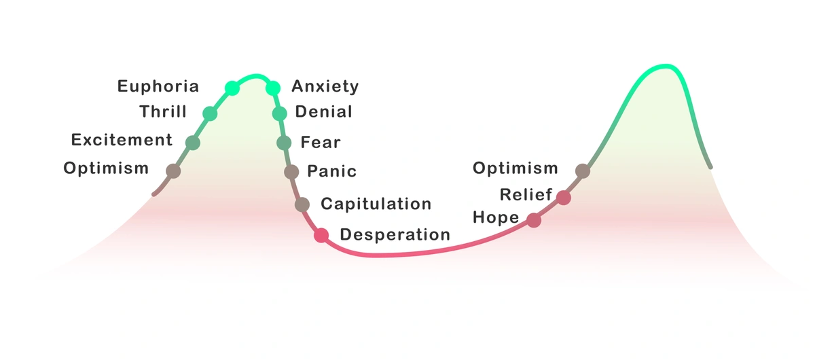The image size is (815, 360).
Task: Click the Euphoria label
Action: tap(158, 86)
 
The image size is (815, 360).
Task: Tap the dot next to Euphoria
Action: tap(232, 88)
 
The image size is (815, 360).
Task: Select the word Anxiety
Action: tap(325, 86)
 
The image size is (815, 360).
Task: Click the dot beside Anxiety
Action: tap(273, 88)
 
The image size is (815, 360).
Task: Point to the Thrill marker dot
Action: tap(210, 113)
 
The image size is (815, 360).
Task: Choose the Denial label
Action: tap(324, 112)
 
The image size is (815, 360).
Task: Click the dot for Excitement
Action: tap(193, 142)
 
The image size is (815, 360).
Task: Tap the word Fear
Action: tap(321, 143)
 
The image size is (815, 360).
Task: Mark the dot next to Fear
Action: tap(285, 143)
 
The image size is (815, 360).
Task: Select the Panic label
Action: tap(331, 171)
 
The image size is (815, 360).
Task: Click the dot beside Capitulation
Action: tap(302, 204)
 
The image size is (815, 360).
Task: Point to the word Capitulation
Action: tap(376, 204)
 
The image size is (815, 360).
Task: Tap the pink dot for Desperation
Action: tap(321, 235)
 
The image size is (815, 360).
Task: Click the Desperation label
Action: tap(395, 235)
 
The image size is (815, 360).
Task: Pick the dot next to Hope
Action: tap(534, 220)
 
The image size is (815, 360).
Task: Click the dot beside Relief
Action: tap(563, 197)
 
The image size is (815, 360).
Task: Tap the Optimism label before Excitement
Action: tap(106, 168)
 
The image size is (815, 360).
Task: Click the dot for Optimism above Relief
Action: tap(582, 170)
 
